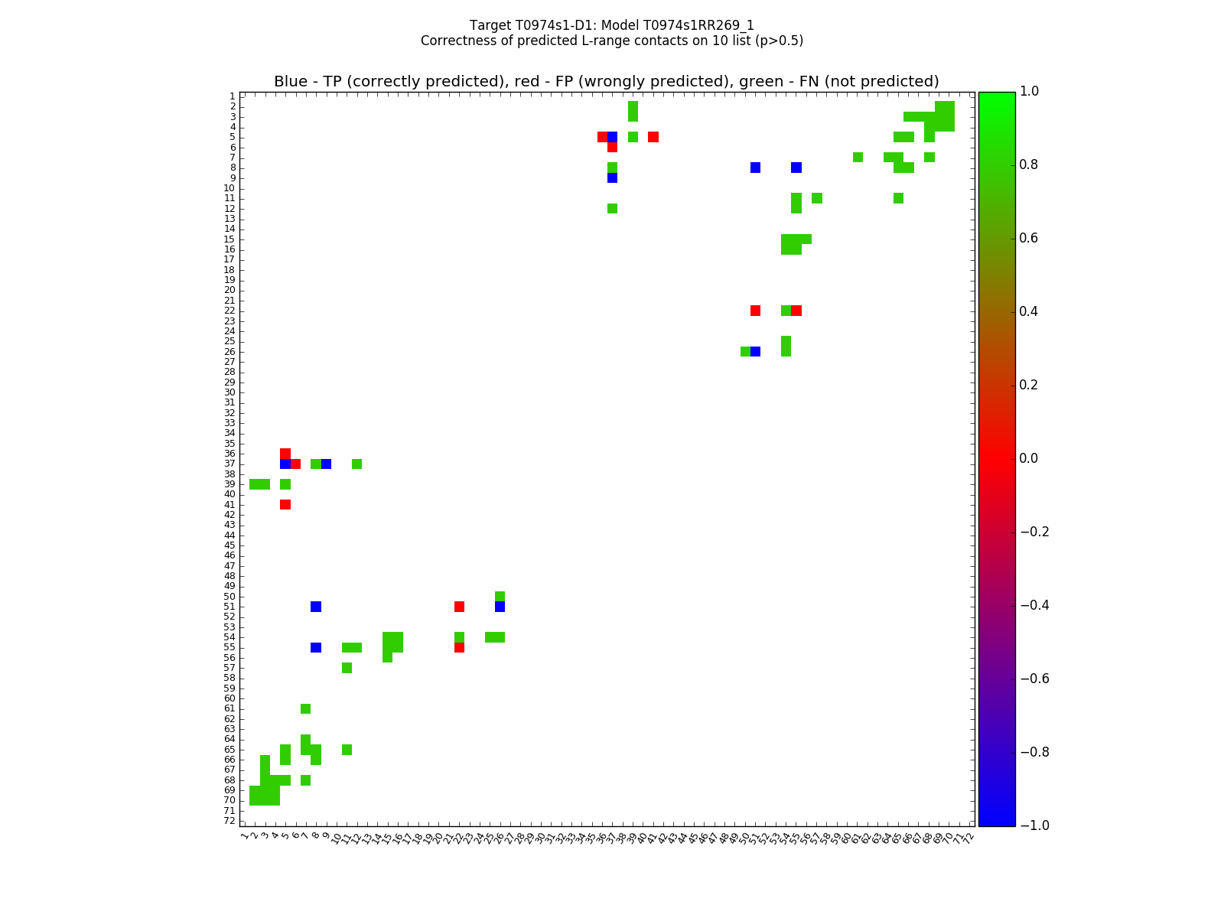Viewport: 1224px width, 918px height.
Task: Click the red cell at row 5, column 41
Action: coord(653,137)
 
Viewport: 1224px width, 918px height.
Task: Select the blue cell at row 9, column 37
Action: coord(612,177)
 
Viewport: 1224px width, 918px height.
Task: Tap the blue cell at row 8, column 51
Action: coord(755,168)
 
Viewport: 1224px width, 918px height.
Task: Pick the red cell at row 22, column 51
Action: coord(755,311)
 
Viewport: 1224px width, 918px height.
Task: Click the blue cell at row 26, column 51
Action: coord(755,351)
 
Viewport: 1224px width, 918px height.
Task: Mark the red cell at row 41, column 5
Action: coord(285,504)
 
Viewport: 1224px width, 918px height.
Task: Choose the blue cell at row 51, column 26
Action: coord(500,607)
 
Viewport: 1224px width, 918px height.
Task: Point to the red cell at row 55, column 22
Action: coord(459,647)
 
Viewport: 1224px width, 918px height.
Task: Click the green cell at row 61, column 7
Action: coord(306,708)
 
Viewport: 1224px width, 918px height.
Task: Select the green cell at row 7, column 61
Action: coord(858,158)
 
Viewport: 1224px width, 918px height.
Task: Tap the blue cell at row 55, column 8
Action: coord(316,647)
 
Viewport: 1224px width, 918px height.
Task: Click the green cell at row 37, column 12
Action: coord(356,464)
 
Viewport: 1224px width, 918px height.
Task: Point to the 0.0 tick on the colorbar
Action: coord(1016,458)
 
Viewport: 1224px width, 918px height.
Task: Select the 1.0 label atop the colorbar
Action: coord(1030,91)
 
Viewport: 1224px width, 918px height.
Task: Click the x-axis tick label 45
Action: coord(692,838)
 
